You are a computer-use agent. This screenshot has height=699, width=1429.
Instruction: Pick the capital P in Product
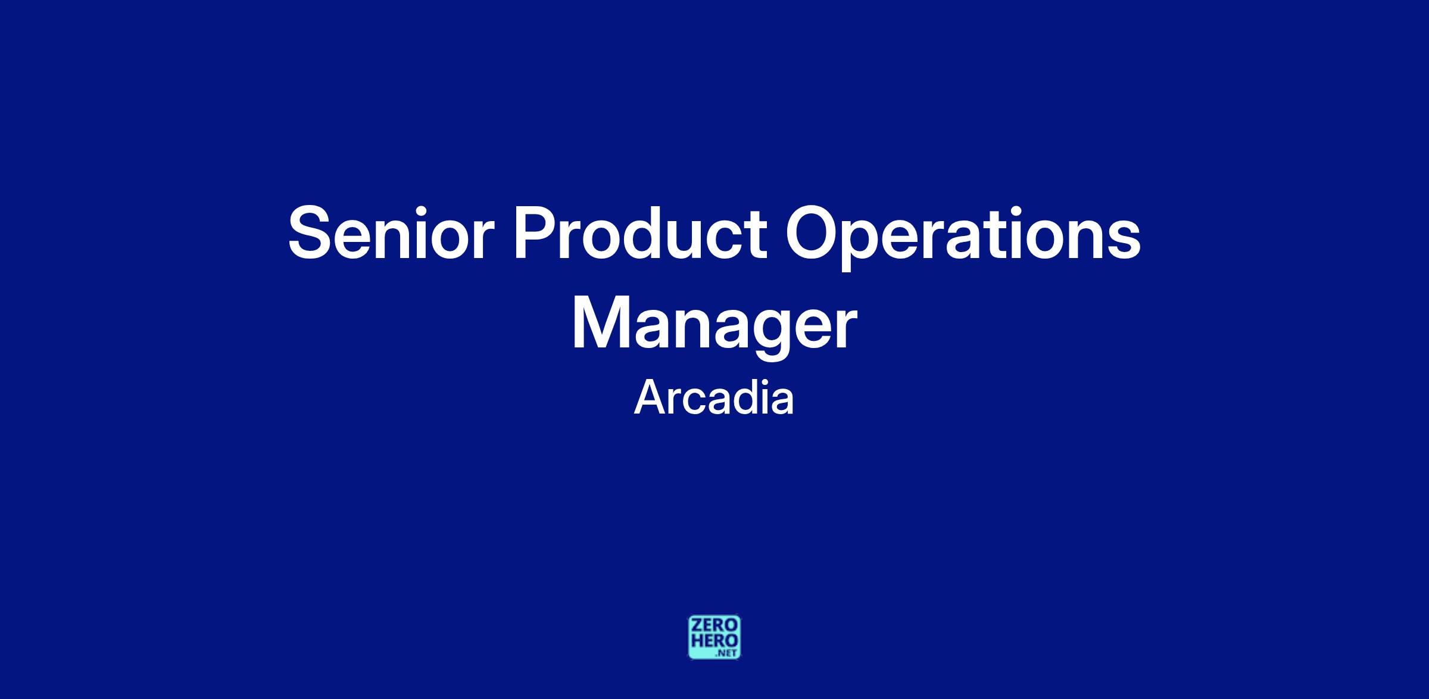pyautogui.click(x=536, y=233)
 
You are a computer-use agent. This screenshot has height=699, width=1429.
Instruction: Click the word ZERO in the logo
pyautogui.click(x=714, y=626)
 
